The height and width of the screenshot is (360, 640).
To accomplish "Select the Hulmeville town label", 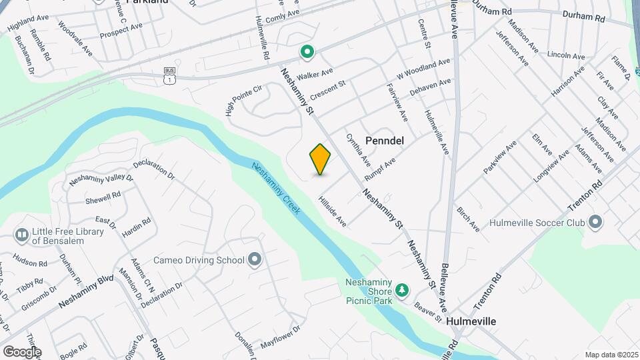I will tap(471, 321).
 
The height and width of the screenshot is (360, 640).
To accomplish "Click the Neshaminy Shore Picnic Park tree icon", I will tap(401, 289).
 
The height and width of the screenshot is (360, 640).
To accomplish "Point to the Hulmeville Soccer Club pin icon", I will tap(595, 223).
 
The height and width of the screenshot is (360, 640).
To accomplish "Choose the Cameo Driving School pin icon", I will tap(254, 260).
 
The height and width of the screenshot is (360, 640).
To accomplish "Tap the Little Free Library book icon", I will tap(21, 235).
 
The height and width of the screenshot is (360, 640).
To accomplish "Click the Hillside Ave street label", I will tap(332, 211).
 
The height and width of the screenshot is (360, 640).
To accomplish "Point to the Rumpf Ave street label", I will tap(380, 169).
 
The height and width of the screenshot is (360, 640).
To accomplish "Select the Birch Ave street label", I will tap(468, 219).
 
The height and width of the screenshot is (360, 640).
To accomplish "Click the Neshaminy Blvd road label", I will tap(87, 291).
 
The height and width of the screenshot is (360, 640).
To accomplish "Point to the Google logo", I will tap(22, 351).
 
